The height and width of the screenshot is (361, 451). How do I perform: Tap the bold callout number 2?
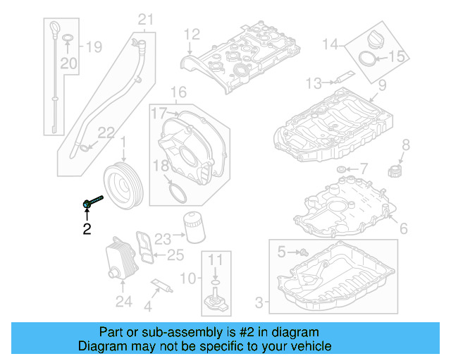pos(87,228)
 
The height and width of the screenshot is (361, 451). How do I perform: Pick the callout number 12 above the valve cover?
pos(192,34)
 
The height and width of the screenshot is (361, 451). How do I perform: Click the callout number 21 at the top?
pos(145,20)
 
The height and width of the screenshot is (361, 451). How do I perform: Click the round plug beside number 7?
pos(342,169)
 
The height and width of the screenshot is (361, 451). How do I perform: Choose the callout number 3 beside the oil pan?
pos(259,303)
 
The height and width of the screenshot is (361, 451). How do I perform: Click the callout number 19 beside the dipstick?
pos(93,47)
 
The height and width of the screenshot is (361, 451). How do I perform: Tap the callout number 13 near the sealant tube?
pos(314,84)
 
